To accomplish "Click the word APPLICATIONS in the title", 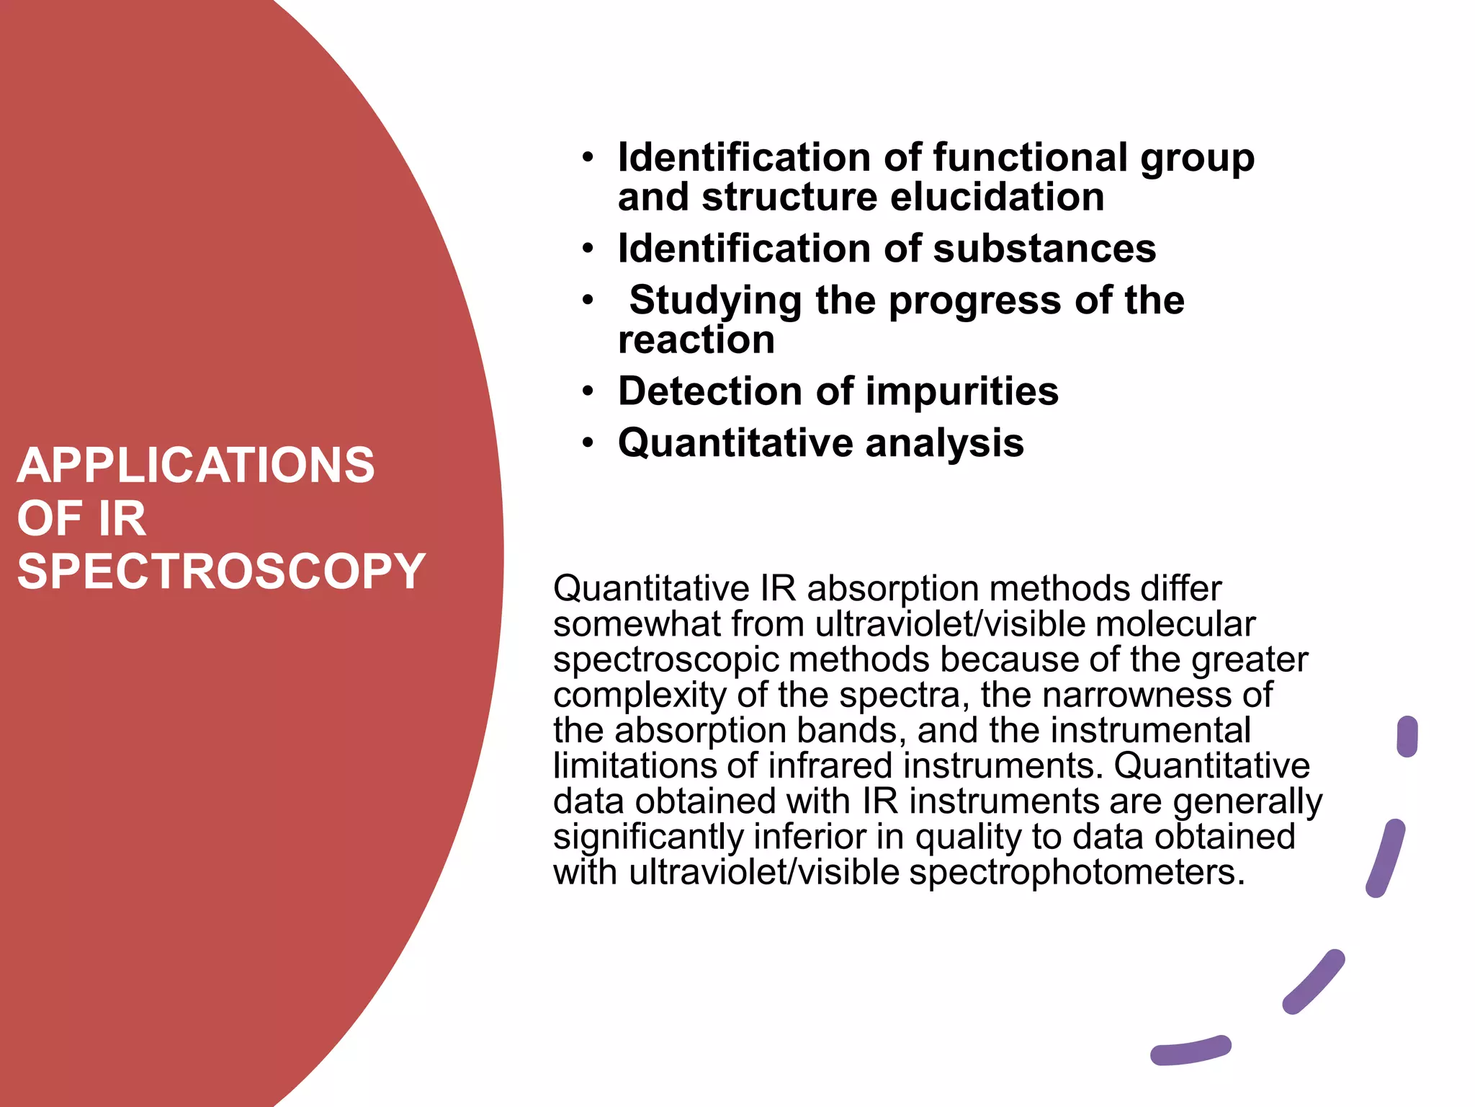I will pos(195,466).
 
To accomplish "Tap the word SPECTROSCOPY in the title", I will pos(221,572).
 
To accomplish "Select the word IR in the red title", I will pos(122,519).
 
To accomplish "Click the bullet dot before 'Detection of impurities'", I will pos(588,391).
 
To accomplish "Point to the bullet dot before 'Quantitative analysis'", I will pos(588,443).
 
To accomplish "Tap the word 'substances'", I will pos(1044,249).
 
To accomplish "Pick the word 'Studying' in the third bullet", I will pos(715,301).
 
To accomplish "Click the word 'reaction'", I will pos(696,339).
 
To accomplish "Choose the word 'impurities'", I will pos(961,391).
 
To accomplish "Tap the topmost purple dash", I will pos(1407,737).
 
